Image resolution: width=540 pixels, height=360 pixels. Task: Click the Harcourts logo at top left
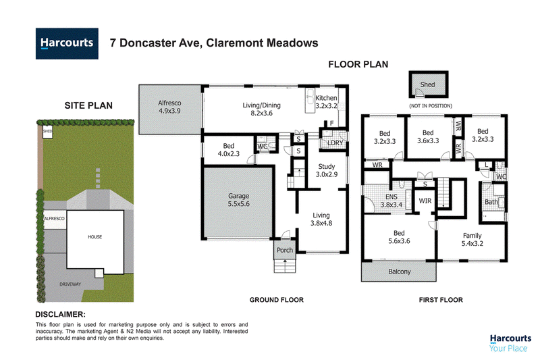[67, 43]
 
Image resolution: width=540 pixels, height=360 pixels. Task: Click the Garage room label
[239, 200]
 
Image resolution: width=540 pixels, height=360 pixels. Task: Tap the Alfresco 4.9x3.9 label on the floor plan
[169, 107]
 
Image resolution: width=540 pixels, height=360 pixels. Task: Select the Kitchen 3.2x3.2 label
[326, 102]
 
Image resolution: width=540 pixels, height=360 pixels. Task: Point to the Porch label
[285, 250]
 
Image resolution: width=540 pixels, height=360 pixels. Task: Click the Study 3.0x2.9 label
[327, 170]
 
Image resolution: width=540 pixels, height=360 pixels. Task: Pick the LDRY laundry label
[335, 143]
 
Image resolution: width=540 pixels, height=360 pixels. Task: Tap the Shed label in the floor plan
[427, 84]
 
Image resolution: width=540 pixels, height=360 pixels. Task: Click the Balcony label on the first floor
[400, 272]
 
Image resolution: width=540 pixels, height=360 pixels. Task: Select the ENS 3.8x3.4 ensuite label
[391, 201]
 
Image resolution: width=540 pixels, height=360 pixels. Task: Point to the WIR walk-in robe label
[425, 201]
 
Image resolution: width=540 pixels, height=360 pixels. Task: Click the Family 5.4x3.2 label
[472, 239]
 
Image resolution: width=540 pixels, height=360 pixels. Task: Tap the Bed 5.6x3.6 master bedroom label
[399, 237]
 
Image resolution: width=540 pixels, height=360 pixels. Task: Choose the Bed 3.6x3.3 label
[428, 136]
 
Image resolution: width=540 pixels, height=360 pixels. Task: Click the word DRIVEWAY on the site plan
[70, 284]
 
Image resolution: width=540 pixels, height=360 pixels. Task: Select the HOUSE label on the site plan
[95, 236]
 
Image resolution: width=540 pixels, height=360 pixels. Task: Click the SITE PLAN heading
[88, 105]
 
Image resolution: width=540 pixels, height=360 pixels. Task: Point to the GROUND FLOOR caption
[277, 300]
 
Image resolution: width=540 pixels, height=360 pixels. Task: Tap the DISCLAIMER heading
[60, 314]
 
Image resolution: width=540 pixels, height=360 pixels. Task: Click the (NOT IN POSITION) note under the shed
[431, 106]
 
